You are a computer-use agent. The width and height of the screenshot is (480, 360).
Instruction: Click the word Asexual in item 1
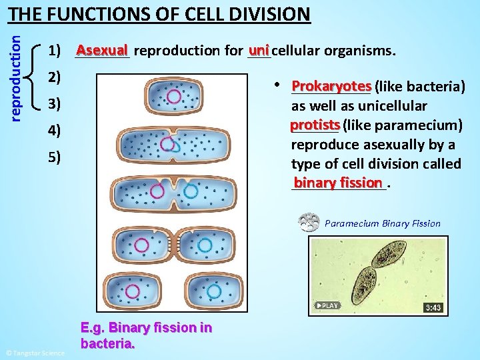click(102, 51)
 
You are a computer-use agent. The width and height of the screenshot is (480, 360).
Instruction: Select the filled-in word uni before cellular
click(259, 51)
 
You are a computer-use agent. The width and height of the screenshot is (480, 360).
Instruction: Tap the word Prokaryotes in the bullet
click(331, 87)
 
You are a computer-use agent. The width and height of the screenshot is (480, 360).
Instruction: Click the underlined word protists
click(315, 125)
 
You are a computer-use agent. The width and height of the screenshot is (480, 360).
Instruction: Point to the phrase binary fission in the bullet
click(339, 183)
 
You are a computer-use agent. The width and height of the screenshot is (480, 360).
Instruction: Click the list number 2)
click(55, 77)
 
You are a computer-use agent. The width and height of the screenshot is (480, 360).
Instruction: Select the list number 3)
click(55, 104)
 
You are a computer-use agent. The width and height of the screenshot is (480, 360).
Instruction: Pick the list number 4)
click(55, 131)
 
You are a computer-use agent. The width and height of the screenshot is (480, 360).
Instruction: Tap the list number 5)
click(55, 157)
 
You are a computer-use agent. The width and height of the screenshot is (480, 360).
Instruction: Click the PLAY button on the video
click(327, 305)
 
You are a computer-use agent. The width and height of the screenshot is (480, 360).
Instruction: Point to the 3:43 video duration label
click(433, 307)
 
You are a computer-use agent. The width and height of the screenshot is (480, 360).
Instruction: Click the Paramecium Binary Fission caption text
click(382, 223)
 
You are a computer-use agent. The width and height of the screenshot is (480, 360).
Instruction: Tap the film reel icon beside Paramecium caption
click(309, 223)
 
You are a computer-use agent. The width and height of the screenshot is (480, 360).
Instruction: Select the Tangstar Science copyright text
click(35, 353)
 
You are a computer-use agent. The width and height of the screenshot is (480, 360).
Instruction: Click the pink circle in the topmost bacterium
click(173, 96)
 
